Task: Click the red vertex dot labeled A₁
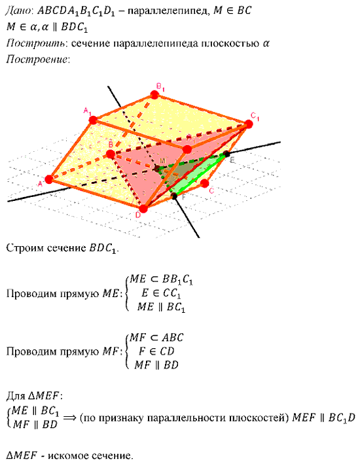click(93, 120)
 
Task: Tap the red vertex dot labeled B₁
click(154, 95)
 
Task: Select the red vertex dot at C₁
click(249, 124)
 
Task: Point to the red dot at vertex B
click(111, 154)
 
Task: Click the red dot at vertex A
click(49, 179)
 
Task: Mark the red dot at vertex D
click(143, 209)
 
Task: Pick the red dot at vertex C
click(204, 183)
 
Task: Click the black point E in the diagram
click(226, 154)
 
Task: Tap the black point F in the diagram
click(174, 196)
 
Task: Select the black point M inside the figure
click(156, 168)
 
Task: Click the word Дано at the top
click(18, 10)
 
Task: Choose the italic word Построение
click(37, 59)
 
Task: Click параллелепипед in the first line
click(168, 11)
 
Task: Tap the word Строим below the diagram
click(24, 247)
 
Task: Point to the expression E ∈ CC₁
click(161, 293)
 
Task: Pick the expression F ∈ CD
click(156, 351)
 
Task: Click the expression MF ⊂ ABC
click(157, 338)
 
